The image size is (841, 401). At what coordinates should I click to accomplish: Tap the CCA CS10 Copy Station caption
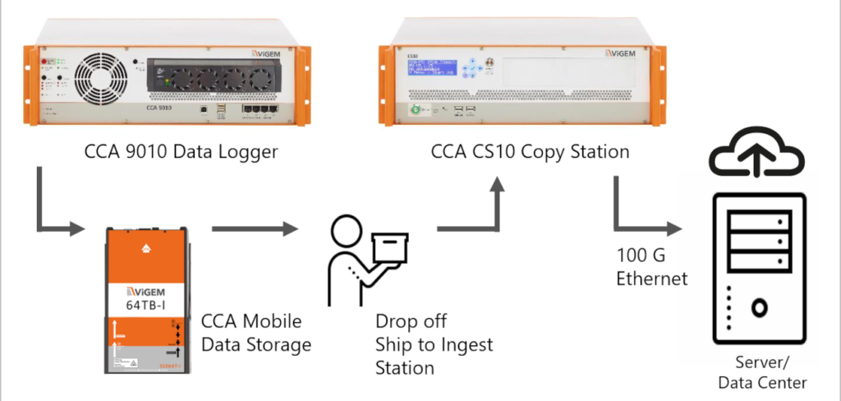pos(531,151)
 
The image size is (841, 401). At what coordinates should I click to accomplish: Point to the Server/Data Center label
pos(762,373)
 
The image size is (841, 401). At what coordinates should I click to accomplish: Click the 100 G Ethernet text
pos(651,268)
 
